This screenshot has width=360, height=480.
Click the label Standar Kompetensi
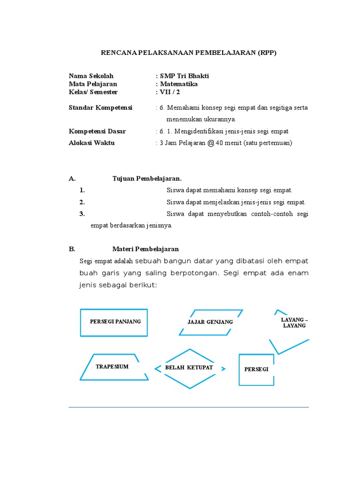click(x=100, y=108)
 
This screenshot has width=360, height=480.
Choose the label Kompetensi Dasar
click(x=97, y=131)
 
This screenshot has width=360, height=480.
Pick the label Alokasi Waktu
click(x=91, y=143)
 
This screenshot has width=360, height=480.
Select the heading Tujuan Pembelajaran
click(x=147, y=179)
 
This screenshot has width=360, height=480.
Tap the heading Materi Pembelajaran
click(x=145, y=249)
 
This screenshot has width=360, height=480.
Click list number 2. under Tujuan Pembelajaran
click(x=82, y=202)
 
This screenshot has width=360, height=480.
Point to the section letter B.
click(x=72, y=249)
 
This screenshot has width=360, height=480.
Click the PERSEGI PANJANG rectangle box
click(x=114, y=322)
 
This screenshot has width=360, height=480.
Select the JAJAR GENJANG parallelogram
click(x=210, y=322)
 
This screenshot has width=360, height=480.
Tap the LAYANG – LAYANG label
click(x=294, y=322)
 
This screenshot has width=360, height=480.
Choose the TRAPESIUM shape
click(x=112, y=367)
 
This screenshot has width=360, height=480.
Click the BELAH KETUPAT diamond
click(x=189, y=368)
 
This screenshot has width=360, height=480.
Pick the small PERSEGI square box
click(x=256, y=369)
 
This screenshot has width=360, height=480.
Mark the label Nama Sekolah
click(x=91, y=76)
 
